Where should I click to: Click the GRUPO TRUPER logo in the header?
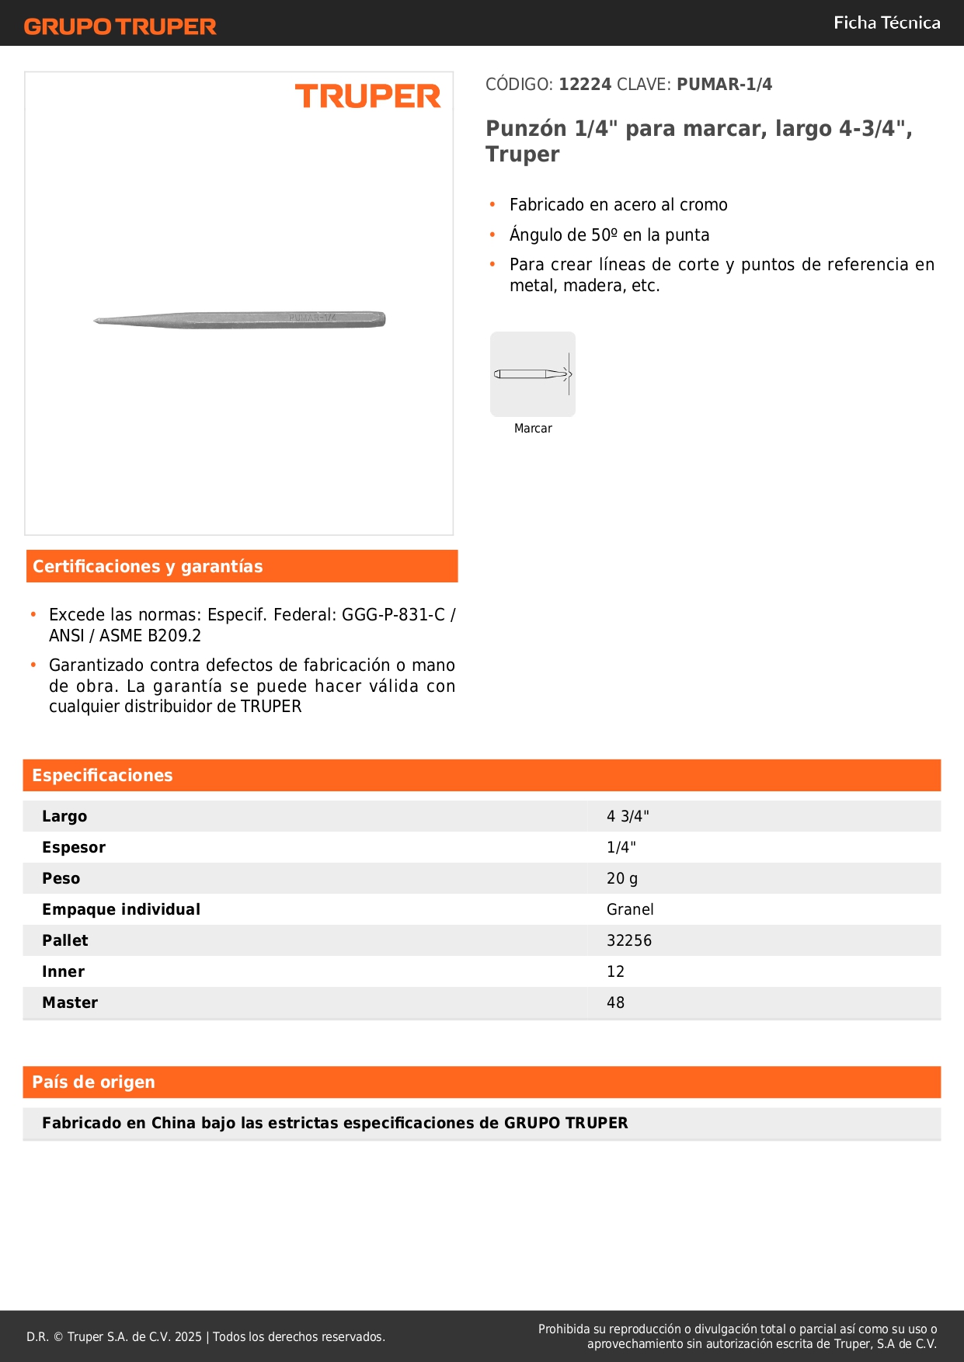pos(120,26)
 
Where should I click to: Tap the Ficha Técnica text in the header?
pos(886,23)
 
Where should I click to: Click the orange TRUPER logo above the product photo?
pos(367,96)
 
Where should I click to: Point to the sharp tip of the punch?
pos(96,321)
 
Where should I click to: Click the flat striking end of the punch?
pos(383,319)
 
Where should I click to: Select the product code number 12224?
pos(585,85)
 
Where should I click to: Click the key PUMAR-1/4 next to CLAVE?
pos(724,85)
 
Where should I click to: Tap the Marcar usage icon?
pos(533,374)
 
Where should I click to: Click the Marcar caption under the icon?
pos(533,429)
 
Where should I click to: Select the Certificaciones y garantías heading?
pos(148,567)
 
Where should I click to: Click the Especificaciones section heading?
pos(103,776)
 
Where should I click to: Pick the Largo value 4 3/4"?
pos(628,816)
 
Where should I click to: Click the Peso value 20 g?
pos(622,878)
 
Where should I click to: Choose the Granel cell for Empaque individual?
pos(630,909)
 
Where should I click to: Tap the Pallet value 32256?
pos(629,940)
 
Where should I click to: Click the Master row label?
pos(70,1002)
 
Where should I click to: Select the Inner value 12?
pos(615,971)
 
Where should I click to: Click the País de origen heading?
pos(93,1082)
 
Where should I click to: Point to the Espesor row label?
pos(74,847)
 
